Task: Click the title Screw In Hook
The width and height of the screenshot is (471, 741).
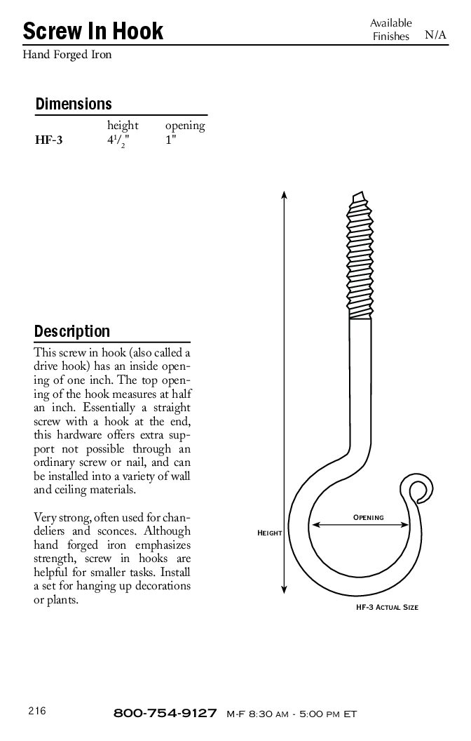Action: tap(93, 31)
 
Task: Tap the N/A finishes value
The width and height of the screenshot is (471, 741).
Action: tap(435, 36)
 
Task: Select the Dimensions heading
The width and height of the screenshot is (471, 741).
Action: tap(74, 104)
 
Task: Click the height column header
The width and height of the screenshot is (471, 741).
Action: tap(123, 126)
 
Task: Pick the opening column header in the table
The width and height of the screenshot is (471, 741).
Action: tap(185, 126)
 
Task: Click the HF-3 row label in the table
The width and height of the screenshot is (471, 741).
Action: tap(49, 140)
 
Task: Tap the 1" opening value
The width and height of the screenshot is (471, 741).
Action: tap(170, 140)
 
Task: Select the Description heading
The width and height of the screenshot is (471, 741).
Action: tap(72, 331)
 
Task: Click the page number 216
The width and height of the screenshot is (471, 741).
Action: tap(37, 711)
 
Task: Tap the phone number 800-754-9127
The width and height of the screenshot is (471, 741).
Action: tap(165, 713)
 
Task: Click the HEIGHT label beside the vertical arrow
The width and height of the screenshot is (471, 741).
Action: tap(270, 533)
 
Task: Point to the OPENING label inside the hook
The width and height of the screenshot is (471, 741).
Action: tap(368, 518)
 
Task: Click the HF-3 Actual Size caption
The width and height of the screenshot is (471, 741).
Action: tap(387, 607)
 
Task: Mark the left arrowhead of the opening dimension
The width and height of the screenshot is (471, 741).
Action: tap(315, 523)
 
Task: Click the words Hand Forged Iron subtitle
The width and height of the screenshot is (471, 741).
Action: tap(67, 54)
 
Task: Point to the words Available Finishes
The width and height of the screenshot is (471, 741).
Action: tap(390, 29)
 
